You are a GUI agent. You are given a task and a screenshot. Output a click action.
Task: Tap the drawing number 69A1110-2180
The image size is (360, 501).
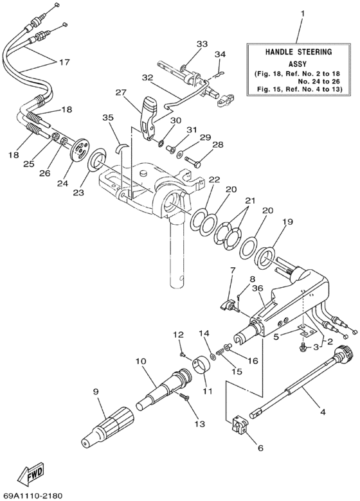36,495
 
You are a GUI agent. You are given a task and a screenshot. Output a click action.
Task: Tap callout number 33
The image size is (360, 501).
203,44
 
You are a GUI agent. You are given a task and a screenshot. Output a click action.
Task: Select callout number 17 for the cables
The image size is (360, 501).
64,63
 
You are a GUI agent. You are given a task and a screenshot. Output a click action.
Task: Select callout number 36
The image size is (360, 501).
258,288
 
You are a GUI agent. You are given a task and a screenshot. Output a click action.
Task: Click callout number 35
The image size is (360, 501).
106,118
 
